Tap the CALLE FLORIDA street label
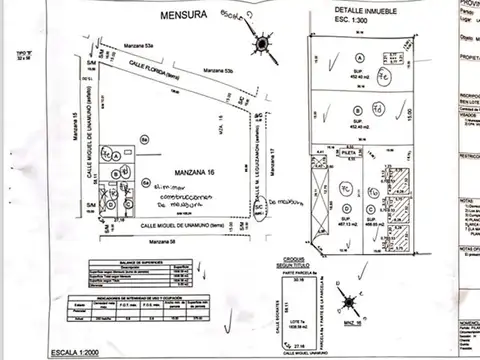[152, 67]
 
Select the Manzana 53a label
[135, 47]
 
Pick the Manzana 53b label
[217, 72]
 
